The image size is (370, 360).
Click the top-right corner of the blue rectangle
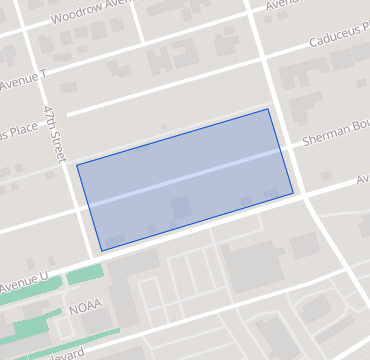coord(269,109)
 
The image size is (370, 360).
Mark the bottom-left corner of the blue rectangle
coord(101,251)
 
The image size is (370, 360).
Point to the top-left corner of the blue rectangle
coord(77,164)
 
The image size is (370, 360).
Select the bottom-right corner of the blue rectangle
coord(293,193)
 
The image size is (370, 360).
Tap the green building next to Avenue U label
coord(85,274)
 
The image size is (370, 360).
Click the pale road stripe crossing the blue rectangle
coord(185,180)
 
